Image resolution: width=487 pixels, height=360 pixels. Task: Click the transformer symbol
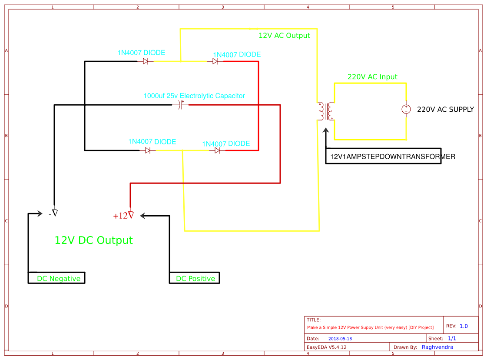coord(326,111)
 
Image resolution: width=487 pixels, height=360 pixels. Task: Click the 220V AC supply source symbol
coord(406,109)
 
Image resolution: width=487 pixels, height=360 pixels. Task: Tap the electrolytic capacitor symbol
coord(182,105)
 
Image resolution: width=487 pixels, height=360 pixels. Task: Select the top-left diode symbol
coord(146,62)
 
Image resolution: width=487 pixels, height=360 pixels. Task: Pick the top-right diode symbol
coord(215,62)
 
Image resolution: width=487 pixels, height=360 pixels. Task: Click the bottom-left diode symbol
coord(148,150)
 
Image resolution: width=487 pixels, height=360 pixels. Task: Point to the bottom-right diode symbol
coord(217,150)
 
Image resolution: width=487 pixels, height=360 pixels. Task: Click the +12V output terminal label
coord(123,215)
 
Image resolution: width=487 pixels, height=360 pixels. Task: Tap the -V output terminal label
coord(53,213)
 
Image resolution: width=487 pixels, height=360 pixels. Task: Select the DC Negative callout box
coord(57,278)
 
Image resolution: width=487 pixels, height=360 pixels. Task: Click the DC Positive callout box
coord(195,278)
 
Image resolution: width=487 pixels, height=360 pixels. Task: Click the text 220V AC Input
coord(372,77)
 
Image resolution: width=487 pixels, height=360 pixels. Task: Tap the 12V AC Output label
coord(284,36)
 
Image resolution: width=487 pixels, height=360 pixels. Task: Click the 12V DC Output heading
coord(93,240)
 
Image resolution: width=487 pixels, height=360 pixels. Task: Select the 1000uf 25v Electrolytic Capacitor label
coord(194,96)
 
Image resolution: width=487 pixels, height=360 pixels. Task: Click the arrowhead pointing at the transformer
coord(326,130)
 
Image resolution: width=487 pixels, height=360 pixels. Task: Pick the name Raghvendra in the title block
coord(437,347)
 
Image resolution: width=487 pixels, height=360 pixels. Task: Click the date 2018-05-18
coord(340,339)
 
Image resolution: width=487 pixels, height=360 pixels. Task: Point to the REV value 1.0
coord(464,326)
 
